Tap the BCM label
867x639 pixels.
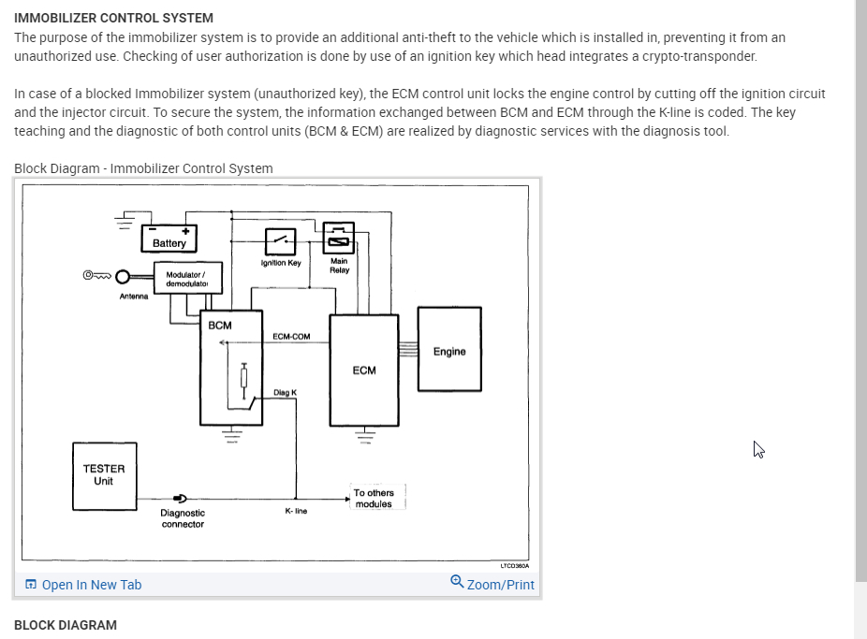pos(220,326)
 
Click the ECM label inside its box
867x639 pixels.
pos(364,370)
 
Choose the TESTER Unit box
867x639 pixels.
pos(103,475)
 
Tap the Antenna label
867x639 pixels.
pos(134,298)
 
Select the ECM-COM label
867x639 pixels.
pos(291,337)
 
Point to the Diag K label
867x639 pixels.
pos(285,393)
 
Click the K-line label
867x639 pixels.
pos(296,511)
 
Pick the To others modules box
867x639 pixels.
pos(375,498)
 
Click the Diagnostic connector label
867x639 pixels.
pos(183,518)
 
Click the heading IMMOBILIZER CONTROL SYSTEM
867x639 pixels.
pos(113,18)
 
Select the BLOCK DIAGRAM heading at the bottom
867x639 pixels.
pos(66,625)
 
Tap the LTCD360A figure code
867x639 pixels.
pos(514,565)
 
